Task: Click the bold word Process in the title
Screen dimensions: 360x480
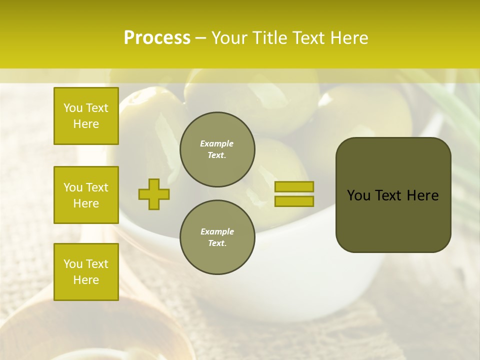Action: click(x=157, y=38)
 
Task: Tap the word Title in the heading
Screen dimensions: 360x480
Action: click(x=270, y=38)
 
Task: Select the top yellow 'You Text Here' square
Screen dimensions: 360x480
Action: click(x=86, y=116)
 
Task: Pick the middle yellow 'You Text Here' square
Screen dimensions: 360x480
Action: click(x=86, y=195)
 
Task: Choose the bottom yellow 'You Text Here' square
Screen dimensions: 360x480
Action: click(x=86, y=271)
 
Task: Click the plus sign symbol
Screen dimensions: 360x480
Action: click(x=153, y=194)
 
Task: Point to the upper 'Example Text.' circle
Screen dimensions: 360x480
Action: click(x=217, y=149)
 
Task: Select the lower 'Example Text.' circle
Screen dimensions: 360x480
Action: click(x=217, y=237)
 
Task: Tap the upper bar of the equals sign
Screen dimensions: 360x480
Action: click(x=294, y=186)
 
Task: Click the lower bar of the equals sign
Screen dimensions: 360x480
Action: click(x=294, y=201)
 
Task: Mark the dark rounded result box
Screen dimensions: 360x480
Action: click(x=393, y=195)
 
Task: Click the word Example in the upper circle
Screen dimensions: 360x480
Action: click(x=216, y=143)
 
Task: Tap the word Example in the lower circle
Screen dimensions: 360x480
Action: click(x=217, y=231)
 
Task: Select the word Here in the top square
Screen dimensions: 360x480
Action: click(x=86, y=124)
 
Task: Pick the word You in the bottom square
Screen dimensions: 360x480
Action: click(x=72, y=263)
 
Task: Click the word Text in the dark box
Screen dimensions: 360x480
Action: click(x=389, y=195)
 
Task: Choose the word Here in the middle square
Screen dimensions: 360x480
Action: click(x=86, y=203)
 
